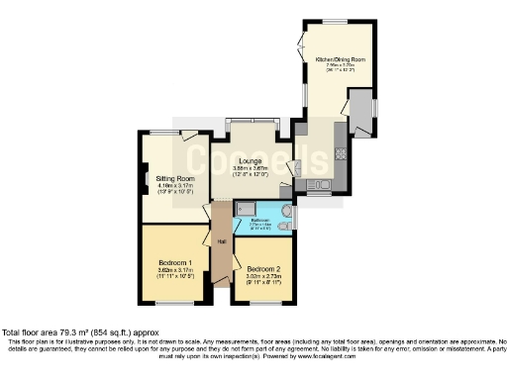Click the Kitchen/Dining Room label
pos(340,60)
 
